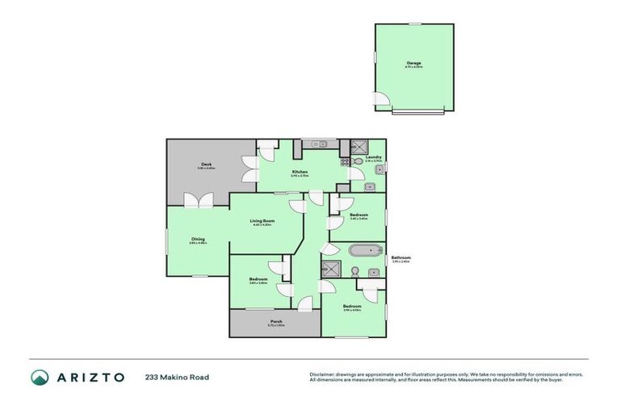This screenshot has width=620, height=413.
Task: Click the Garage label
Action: pos(414,63)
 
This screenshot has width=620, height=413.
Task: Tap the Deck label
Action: pos(207,165)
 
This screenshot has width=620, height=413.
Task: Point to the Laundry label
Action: pos(373,157)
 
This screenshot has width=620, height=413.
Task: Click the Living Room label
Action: pos(262,221)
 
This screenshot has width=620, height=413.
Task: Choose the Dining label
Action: pos(198,239)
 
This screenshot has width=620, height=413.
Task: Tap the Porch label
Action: pos(276,322)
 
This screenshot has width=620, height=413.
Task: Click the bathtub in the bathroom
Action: pos(359,251)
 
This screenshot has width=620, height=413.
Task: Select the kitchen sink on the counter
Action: pos(317,144)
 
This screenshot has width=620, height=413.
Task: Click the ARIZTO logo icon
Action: pos(40,377)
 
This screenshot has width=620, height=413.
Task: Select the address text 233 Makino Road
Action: pos(177,377)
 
